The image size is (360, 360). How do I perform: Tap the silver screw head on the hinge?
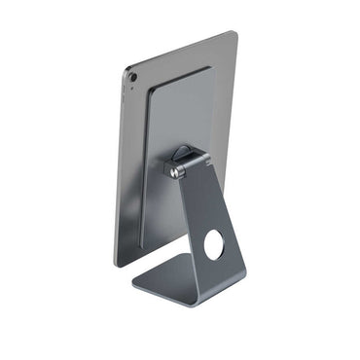point(175,172)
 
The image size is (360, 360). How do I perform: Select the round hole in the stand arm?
point(213,245)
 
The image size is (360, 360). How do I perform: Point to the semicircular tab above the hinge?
point(182,153)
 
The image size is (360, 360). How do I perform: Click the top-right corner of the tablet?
point(234,34)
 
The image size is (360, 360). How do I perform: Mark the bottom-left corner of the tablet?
point(117,264)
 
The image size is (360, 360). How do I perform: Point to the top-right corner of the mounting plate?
point(209,67)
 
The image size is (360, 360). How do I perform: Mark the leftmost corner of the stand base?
point(131,288)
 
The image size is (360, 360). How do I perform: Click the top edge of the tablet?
point(181,51)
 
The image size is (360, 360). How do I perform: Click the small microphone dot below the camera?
point(132,89)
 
